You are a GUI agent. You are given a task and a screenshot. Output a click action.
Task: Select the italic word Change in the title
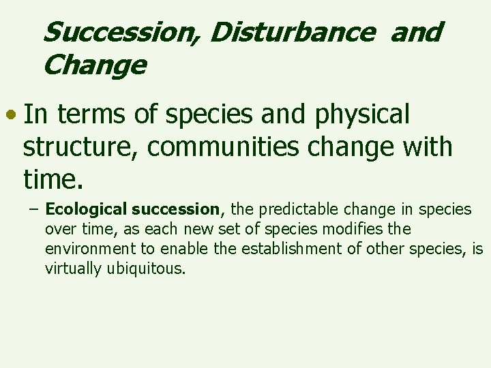(x=94, y=66)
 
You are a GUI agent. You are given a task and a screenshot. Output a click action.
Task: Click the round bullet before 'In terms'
(x=13, y=115)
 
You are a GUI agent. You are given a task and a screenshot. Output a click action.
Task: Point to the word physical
(x=357, y=115)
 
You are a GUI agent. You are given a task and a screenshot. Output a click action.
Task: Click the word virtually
(x=73, y=268)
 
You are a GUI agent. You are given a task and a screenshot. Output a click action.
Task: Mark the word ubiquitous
(x=145, y=268)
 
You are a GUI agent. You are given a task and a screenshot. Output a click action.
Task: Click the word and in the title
(x=417, y=32)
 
